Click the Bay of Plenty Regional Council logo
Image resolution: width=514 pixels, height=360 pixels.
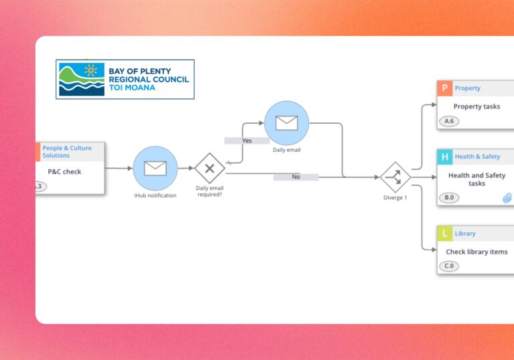click(x=125, y=79)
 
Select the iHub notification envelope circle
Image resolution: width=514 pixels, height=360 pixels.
click(x=155, y=168)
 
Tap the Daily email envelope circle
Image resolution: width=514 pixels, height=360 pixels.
click(x=286, y=123)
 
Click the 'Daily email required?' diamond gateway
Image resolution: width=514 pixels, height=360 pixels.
click(x=209, y=168)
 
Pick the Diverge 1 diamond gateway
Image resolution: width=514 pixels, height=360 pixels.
click(x=395, y=177)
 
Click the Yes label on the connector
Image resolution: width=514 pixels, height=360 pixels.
click(x=247, y=141)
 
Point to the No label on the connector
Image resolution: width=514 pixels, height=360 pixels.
click(x=296, y=177)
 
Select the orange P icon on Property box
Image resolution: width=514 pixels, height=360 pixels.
click(x=445, y=88)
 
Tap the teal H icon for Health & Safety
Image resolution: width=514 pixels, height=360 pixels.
click(x=445, y=157)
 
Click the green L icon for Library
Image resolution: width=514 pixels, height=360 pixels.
click(x=445, y=234)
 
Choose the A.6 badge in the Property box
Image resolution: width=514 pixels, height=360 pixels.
click(x=449, y=122)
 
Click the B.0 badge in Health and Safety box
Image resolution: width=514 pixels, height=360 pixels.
click(x=449, y=198)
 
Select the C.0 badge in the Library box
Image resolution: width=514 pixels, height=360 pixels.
click(x=449, y=266)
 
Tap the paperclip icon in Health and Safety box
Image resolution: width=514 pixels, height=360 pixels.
click(x=507, y=197)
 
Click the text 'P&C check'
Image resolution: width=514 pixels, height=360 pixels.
click(x=64, y=172)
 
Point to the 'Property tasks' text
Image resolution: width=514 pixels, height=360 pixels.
click(x=477, y=106)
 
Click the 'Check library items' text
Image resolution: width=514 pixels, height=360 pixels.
click(x=477, y=252)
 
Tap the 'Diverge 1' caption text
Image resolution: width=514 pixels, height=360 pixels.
click(x=395, y=198)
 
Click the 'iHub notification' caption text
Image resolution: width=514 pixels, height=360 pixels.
click(x=155, y=195)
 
